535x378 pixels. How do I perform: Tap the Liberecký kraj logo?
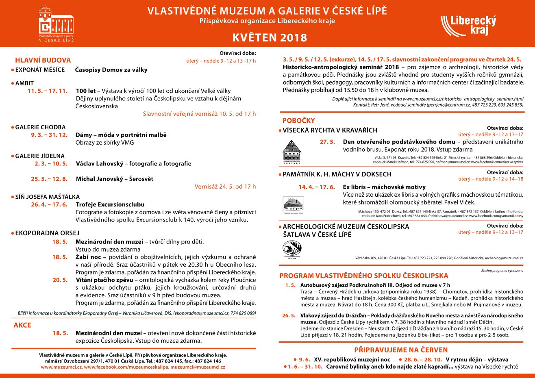468,25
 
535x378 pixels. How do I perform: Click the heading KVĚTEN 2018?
270,38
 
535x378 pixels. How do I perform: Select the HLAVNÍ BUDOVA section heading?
43,60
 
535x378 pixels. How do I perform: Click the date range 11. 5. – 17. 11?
48,91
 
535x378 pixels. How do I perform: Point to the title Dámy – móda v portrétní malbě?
121,135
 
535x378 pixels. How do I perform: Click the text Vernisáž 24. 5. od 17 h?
225,187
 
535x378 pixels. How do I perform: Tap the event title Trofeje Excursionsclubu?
110,204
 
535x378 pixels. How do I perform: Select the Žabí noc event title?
88,257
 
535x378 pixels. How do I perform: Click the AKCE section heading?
22,325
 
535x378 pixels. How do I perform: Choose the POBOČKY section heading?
298,120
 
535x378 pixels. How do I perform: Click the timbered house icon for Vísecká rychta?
292,152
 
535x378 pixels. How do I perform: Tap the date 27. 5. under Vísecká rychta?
327,142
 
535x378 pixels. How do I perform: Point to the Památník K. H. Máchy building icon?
293,204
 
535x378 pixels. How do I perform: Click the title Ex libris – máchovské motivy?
384,187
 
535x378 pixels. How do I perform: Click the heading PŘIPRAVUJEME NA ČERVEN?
401,350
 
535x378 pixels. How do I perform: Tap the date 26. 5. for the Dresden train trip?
289,315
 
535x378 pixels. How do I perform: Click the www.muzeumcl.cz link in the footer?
61,367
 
